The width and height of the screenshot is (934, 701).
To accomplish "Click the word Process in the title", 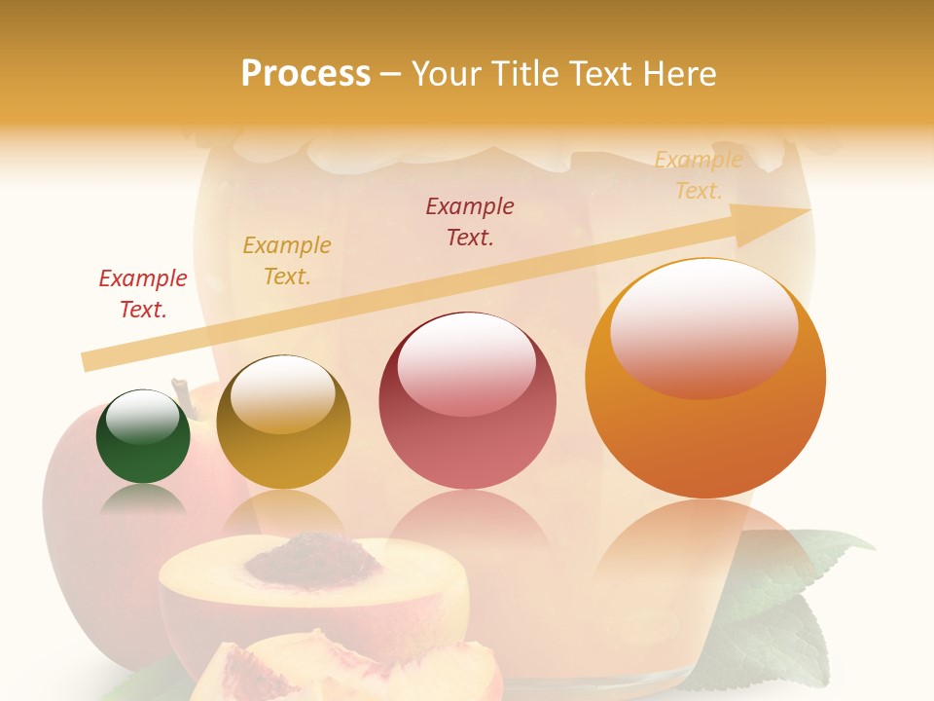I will tap(305, 74).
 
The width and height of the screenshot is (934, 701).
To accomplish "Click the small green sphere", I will tap(143, 437).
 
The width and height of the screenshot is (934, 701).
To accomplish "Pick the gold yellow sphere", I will tap(283, 423).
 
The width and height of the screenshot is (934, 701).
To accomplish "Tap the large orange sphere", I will tap(705, 378).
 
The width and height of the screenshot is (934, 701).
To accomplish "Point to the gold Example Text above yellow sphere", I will tap(287, 261).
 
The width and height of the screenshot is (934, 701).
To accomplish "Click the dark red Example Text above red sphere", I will tap(470, 221).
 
